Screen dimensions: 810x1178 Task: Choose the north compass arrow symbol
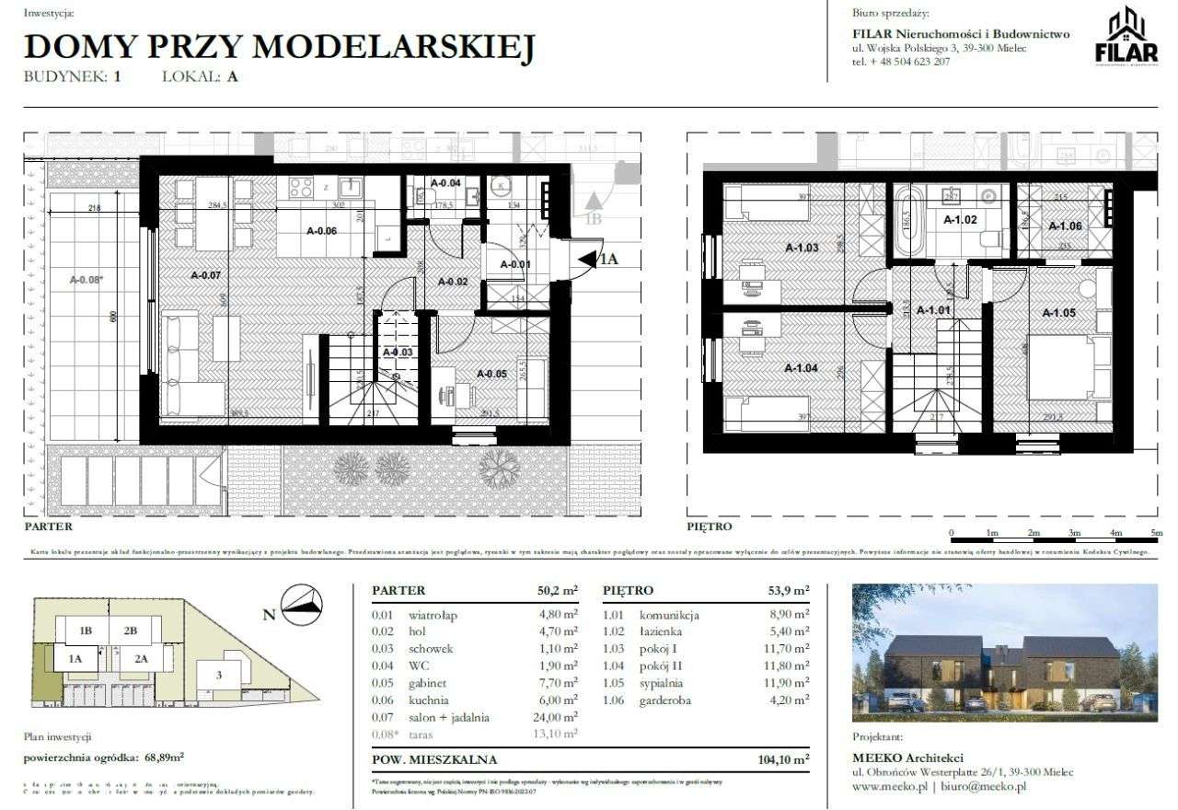point(304,602)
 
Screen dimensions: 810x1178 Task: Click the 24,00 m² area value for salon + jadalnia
point(557,718)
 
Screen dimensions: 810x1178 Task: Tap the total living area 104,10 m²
point(779,759)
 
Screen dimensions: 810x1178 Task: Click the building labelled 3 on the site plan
point(219,676)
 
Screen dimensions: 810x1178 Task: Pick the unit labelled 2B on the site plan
point(131,631)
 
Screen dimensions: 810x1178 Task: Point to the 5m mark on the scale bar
point(1156,533)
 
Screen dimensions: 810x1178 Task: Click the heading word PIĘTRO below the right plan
point(709,527)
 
